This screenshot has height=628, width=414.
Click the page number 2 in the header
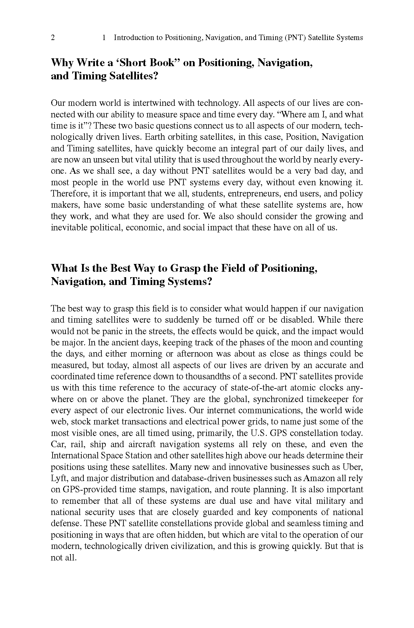(53, 38)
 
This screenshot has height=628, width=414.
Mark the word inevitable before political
(69, 228)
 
